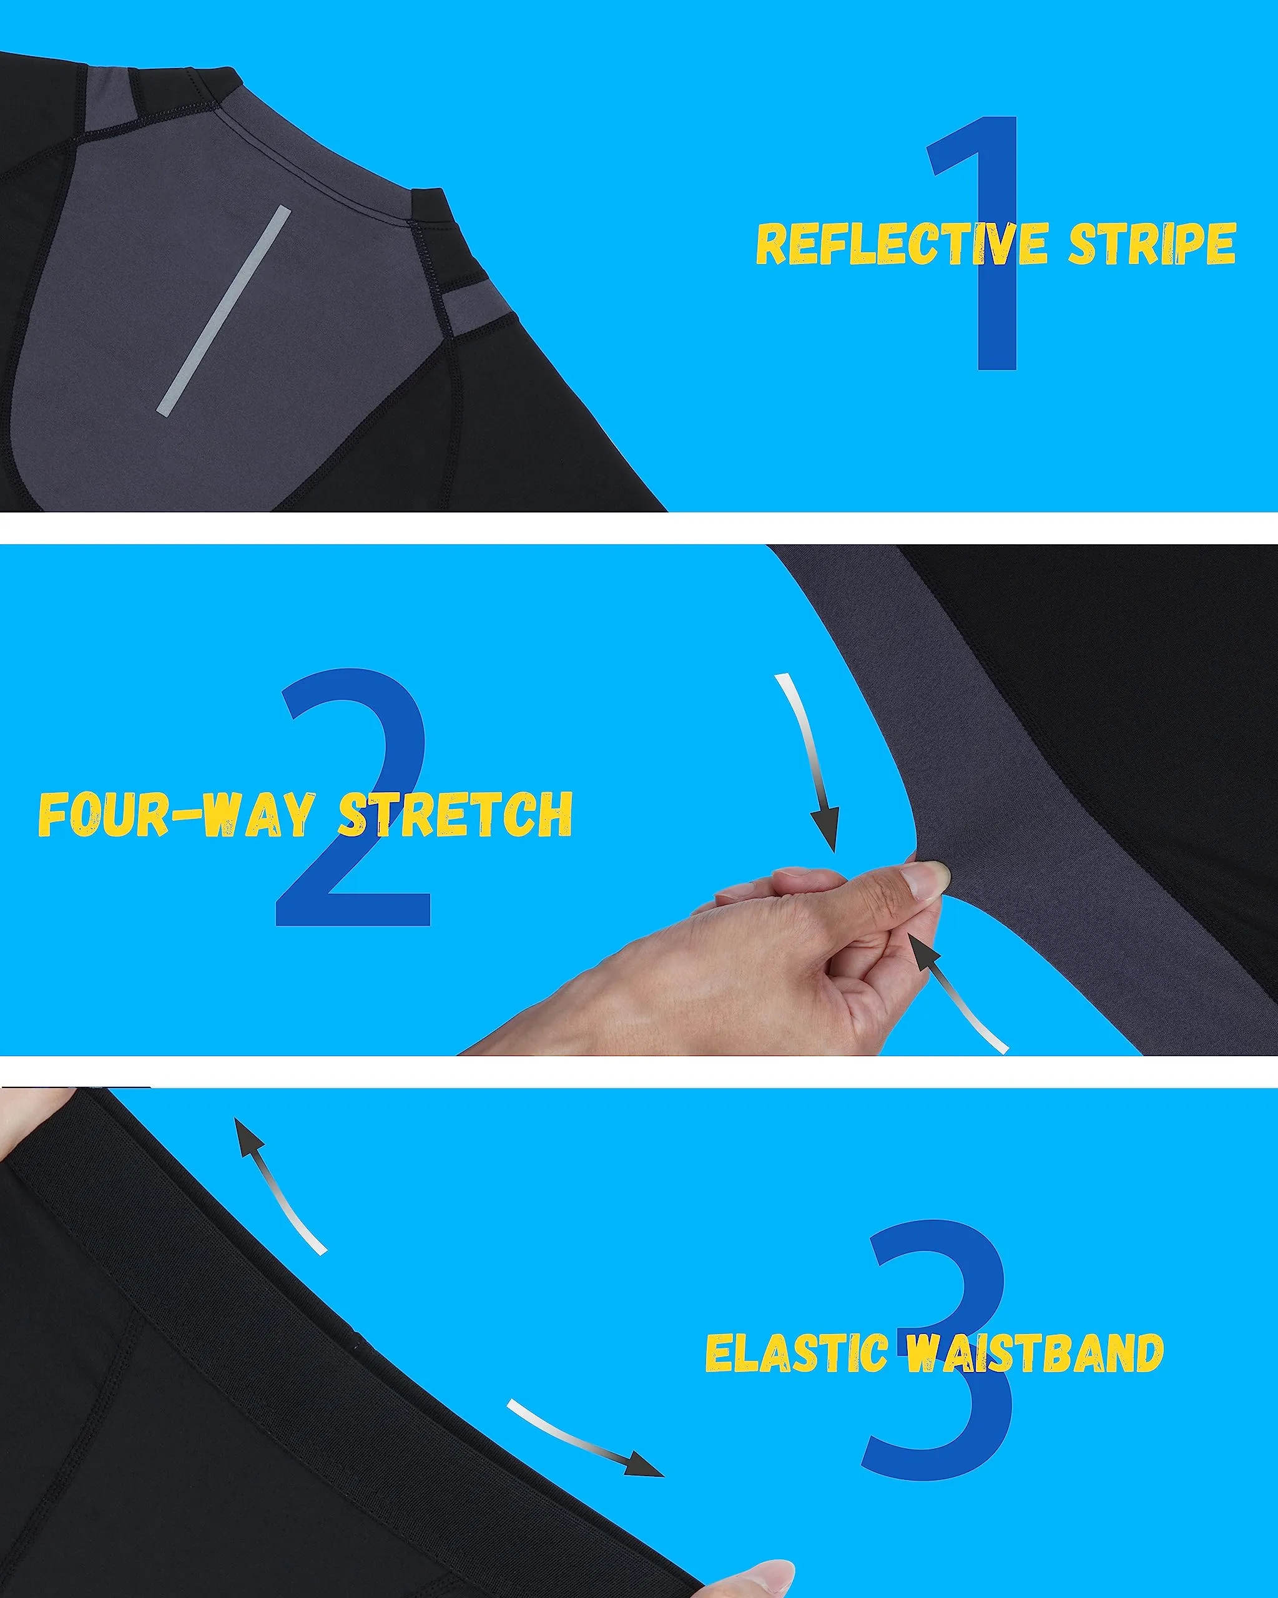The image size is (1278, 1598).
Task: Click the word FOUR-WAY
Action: click(x=177, y=813)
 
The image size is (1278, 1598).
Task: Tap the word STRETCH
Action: click(x=456, y=813)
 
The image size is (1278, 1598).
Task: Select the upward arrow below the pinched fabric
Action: click(x=956, y=993)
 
